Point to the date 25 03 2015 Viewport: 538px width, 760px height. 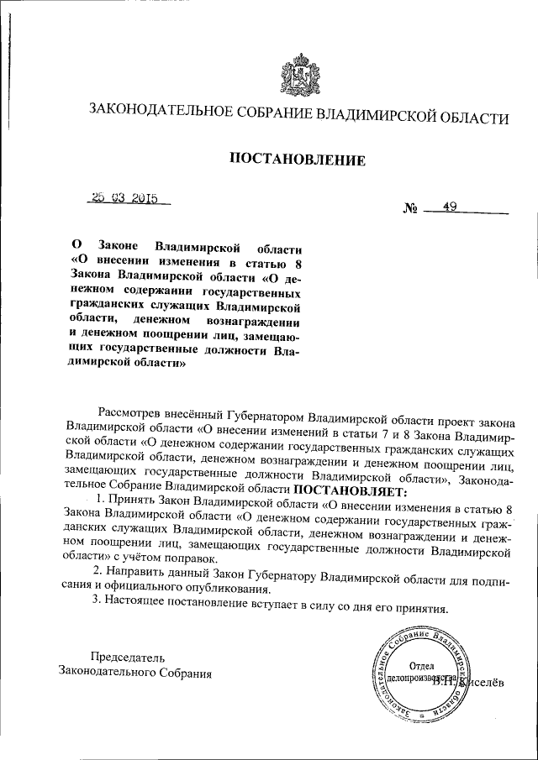(x=127, y=199)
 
